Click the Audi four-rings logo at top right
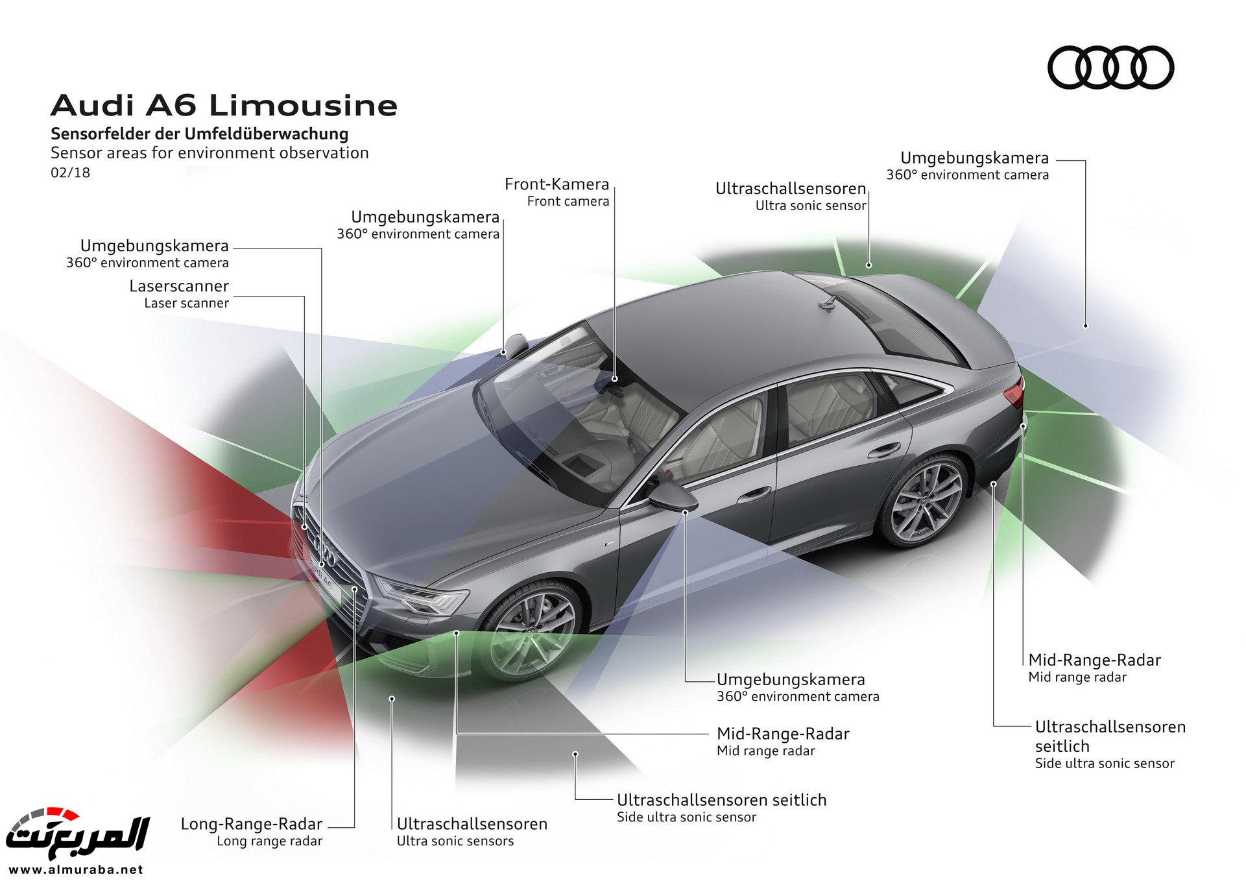coord(1110,67)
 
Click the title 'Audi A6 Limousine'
coord(224,106)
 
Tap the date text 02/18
coord(70,173)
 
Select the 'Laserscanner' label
coord(179,286)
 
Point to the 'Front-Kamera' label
coord(557,184)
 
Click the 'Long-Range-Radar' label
coord(252,824)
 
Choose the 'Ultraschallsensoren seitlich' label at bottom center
coord(721,800)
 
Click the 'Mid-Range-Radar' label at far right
coord(1094,660)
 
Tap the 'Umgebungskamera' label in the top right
coord(974,158)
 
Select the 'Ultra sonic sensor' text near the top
coord(811,206)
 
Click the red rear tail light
coord(1014,392)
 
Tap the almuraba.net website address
coord(76,869)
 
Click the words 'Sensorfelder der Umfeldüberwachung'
coord(199,134)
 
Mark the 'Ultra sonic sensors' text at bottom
coord(455,841)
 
